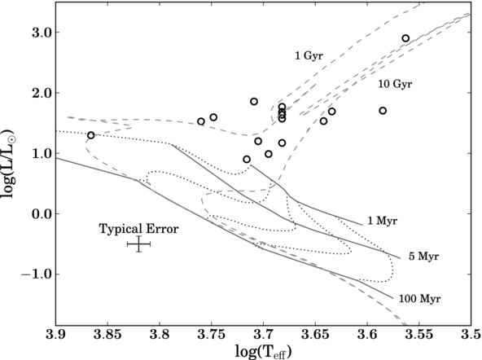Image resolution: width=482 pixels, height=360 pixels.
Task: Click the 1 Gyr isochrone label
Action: (x=309, y=56)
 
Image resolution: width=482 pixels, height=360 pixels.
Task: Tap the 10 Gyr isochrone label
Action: (x=395, y=84)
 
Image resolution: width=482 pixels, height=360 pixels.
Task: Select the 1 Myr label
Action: (x=383, y=221)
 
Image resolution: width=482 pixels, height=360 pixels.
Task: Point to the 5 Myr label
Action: (x=423, y=257)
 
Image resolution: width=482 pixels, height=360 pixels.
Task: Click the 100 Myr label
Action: (x=419, y=299)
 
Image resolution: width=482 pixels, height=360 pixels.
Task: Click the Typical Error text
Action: (x=138, y=229)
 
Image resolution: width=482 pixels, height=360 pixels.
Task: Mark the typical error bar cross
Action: (x=138, y=244)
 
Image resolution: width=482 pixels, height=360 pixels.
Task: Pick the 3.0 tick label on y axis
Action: (x=42, y=33)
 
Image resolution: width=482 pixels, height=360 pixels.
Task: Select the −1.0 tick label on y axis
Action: (x=36, y=274)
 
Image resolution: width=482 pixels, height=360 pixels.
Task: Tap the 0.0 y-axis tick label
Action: (x=42, y=213)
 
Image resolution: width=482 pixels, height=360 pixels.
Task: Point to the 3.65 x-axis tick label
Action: (x=315, y=334)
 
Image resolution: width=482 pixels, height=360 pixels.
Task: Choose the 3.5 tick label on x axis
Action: (x=471, y=334)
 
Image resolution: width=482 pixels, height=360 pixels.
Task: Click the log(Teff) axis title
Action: (x=263, y=351)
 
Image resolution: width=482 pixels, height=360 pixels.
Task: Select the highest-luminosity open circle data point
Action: (x=405, y=38)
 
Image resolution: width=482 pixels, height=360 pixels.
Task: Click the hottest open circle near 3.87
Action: (x=90, y=135)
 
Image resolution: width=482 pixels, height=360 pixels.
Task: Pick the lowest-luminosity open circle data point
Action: (x=247, y=160)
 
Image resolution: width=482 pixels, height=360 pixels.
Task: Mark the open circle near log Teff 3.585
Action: (x=383, y=111)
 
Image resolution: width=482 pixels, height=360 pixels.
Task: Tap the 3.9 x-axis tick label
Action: (x=55, y=334)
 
